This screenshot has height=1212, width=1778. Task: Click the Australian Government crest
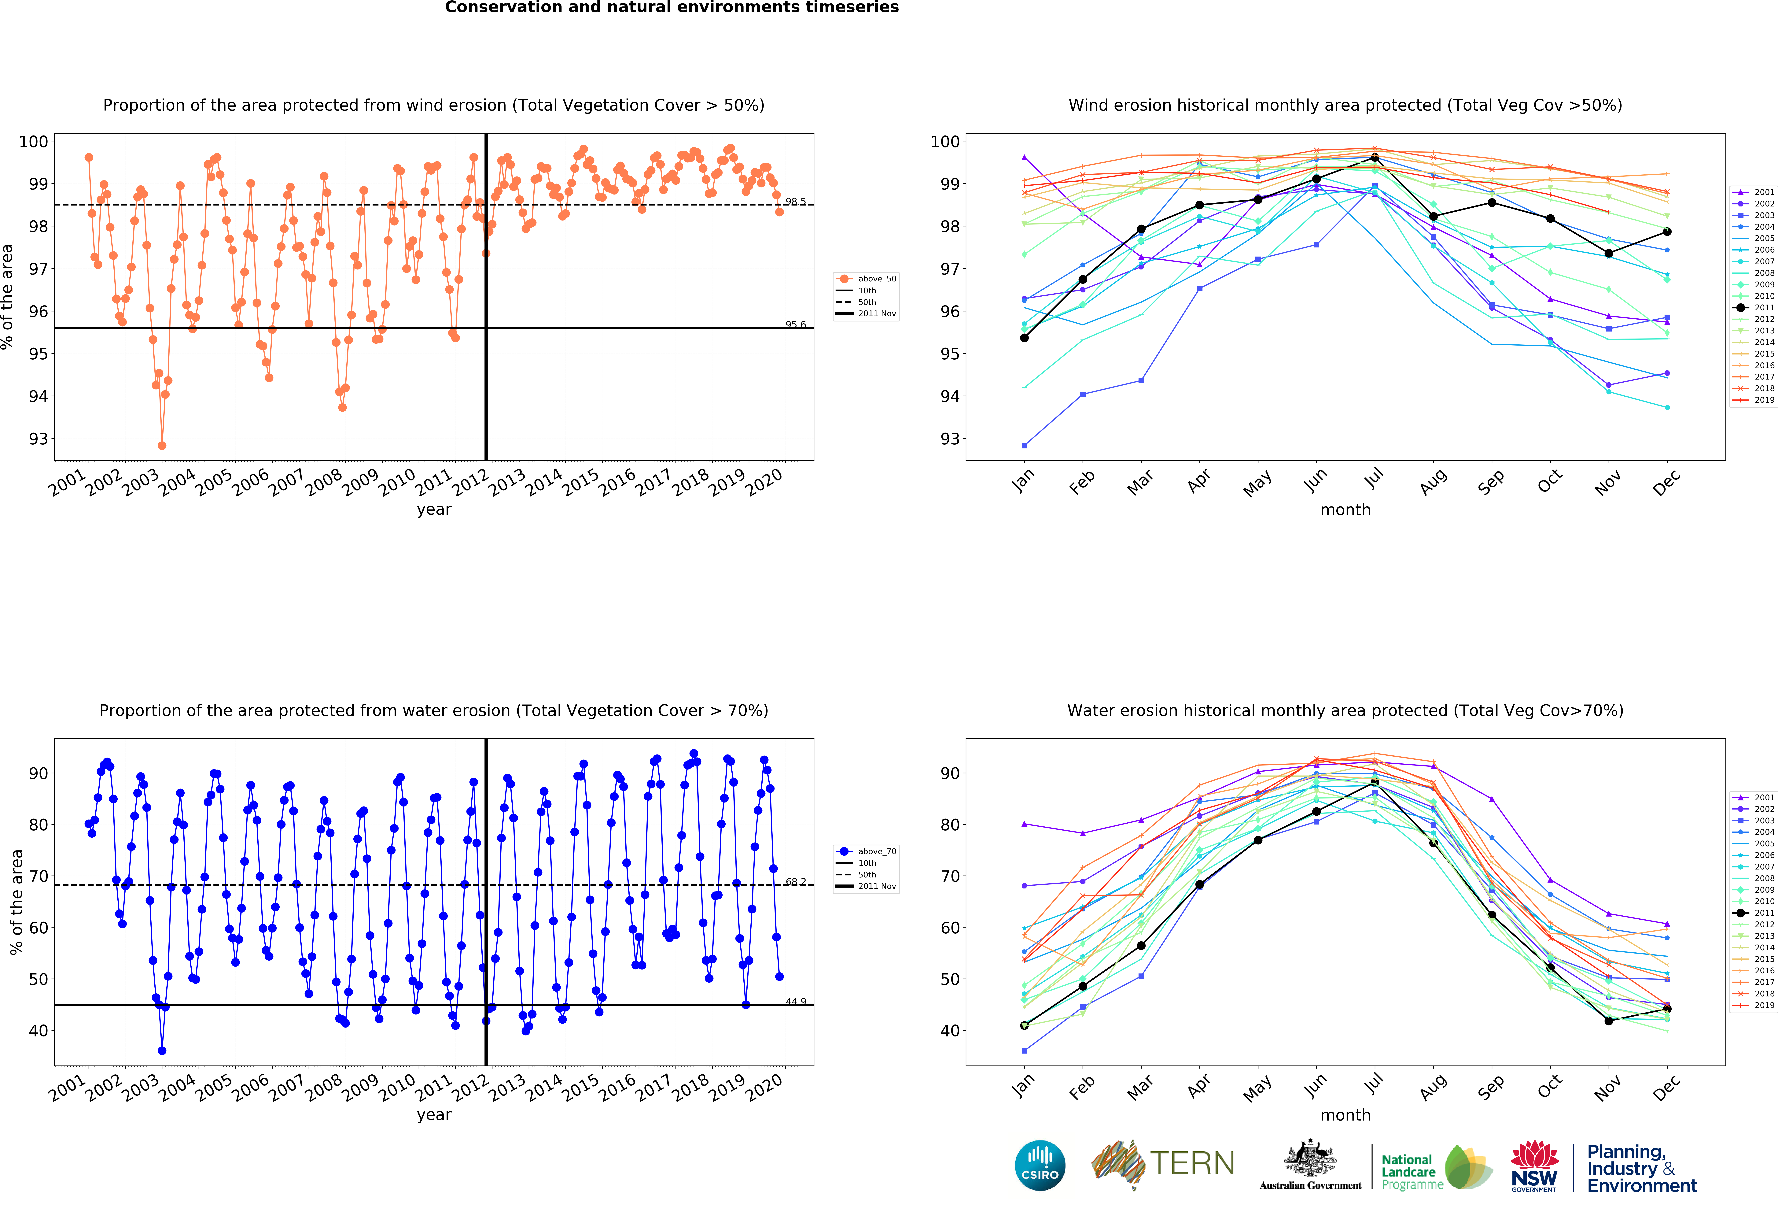1310,1159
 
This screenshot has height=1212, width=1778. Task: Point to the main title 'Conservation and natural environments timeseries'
672,8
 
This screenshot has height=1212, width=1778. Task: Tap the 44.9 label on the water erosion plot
796,1002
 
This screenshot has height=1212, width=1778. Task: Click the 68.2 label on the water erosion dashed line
796,882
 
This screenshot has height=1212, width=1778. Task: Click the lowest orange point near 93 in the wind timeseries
161,445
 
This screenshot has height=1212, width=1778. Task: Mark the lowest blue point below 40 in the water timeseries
161,1051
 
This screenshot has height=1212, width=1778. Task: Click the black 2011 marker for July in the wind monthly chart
1375,158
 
